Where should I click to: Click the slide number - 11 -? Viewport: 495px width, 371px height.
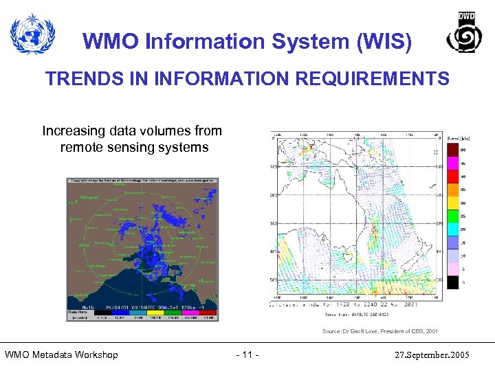(x=247, y=355)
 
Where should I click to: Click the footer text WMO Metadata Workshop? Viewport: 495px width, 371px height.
(x=61, y=355)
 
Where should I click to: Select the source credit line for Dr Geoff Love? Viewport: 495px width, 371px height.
(x=379, y=331)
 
